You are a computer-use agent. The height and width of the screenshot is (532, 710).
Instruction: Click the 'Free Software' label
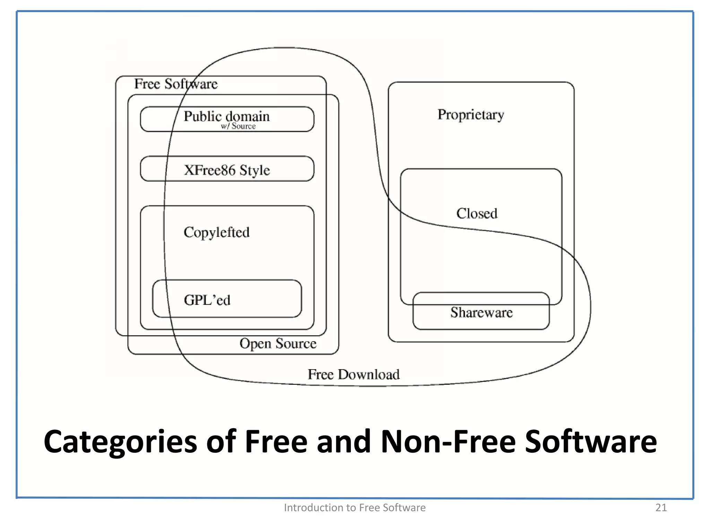176,84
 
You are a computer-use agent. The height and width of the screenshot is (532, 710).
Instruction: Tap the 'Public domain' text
226,116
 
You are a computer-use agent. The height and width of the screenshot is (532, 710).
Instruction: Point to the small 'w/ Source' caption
238,126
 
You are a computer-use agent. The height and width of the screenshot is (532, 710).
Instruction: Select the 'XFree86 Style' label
227,170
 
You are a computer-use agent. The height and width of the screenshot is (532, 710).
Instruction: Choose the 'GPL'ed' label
207,300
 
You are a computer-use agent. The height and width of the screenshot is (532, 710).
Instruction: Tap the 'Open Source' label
278,344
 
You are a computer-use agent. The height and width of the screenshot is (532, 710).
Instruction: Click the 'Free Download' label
354,375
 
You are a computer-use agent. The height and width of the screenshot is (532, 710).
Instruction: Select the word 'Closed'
477,214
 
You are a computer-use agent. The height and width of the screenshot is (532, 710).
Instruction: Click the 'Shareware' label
481,313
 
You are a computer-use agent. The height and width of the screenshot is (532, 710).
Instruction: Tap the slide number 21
661,507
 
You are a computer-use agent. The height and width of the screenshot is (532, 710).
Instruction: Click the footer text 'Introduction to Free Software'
355,507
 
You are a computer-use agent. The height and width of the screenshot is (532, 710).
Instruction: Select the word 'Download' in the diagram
369,375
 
